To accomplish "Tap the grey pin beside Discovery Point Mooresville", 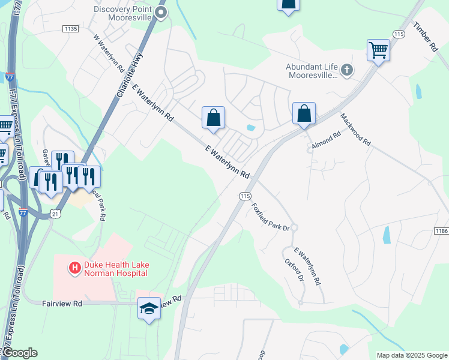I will pyautogui.click(x=160, y=12).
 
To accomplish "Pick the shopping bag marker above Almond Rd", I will pyautogui.click(x=304, y=113).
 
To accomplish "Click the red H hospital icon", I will pyautogui.click(x=75, y=268).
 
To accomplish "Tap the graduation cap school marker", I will pyautogui.click(x=149, y=308).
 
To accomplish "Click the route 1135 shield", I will pyautogui.click(x=70, y=28).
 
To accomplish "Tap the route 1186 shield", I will pyautogui.click(x=441, y=230).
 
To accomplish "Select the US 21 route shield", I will pyautogui.click(x=55, y=214).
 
